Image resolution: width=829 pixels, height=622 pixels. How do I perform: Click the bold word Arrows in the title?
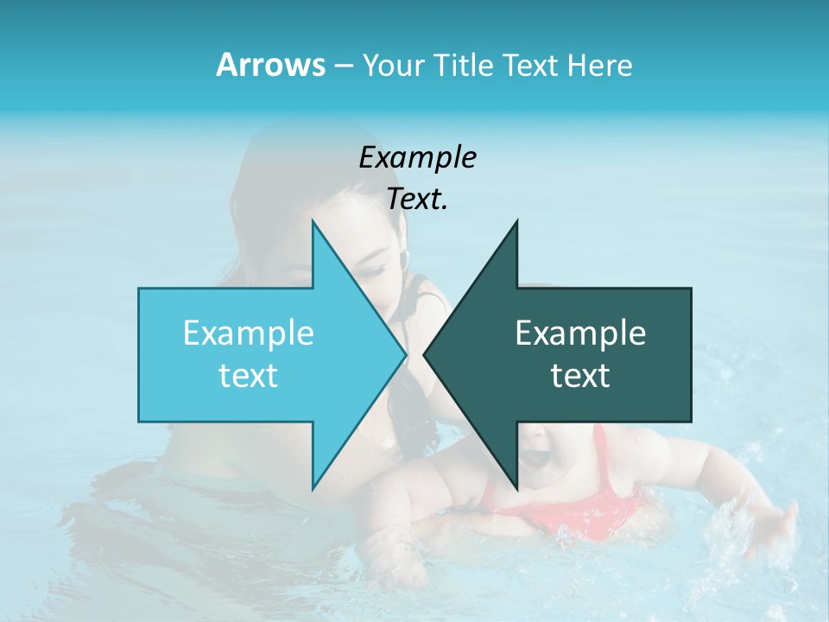(270, 65)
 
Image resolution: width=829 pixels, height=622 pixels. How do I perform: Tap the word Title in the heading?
(463, 65)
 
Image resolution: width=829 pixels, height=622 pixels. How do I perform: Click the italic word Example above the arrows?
(417, 157)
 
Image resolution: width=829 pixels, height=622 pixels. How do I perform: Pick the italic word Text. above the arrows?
(417, 200)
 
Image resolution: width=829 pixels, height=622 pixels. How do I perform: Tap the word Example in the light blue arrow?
(249, 333)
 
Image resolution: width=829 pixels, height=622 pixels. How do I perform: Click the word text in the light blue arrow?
(249, 376)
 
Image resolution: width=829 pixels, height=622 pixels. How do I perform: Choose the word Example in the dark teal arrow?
(580, 333)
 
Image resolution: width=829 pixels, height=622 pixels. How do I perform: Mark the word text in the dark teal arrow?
(580, 376)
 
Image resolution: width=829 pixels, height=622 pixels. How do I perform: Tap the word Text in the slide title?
(529, 65)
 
